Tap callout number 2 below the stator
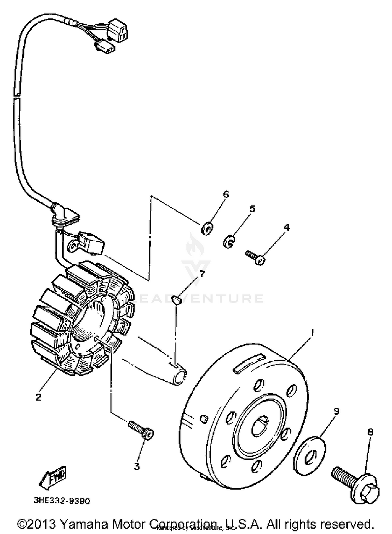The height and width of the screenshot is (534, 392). pos(38,397)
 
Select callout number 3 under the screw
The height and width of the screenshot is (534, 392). pos(137,466)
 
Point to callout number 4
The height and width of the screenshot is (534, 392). pos(287,227)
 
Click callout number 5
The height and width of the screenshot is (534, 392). pos(252,209)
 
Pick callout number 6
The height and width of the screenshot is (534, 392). pos(226,194)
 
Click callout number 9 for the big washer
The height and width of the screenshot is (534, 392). pos(336,411)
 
